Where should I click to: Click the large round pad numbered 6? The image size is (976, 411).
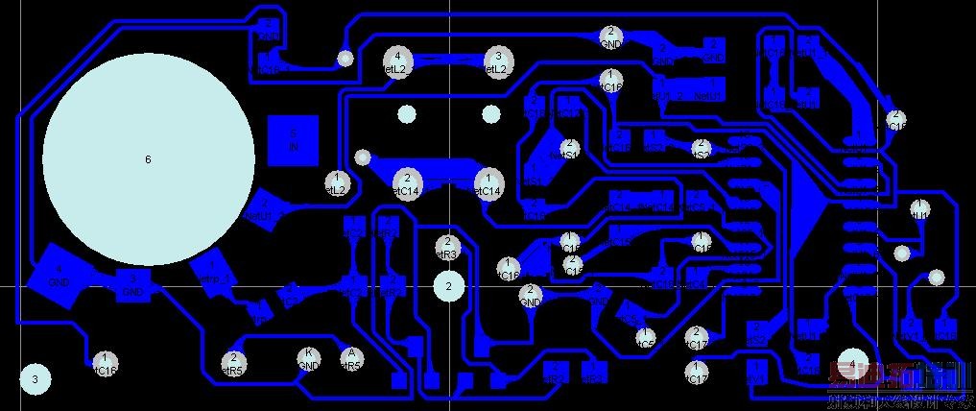tap(148, 158)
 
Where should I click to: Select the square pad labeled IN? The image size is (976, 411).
tap(294, 140)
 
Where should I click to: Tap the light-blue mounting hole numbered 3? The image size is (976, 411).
tap(35, 379)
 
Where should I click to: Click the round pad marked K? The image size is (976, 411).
tap(308, 359)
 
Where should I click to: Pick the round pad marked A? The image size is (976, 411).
tap(351, 359)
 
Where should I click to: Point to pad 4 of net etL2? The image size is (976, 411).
tap(396, 62)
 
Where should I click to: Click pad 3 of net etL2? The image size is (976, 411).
tap(497, 62)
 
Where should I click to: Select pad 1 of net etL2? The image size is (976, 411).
tap(337, 182)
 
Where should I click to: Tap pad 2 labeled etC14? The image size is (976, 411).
tap(407, 183)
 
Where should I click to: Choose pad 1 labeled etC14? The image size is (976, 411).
tap(488, 183)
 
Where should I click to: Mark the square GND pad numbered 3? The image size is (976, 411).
tap(132, 284)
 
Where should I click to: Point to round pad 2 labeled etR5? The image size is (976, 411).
tap(233, 363)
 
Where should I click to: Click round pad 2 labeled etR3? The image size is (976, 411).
tap(446, 247)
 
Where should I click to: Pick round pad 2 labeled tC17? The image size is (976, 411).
tap(698, 337)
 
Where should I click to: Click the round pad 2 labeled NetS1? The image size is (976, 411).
tap(567, 149)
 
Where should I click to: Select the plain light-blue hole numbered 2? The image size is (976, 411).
tap(448, 285)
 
